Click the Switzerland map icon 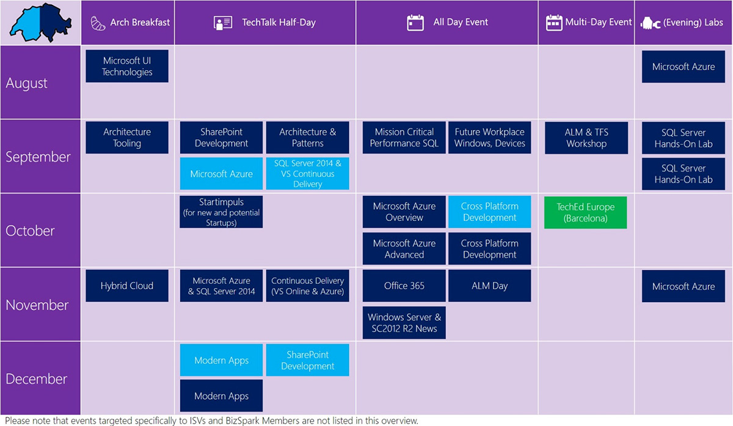point(40,22)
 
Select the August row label point(26,83)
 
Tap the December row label point(36,378)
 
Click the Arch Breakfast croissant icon point(98,23)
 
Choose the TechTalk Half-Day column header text point(279,22)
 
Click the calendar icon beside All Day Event point(415,23)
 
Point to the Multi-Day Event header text point(599,22)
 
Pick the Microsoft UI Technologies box point(127,66)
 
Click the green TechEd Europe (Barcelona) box point(585,212)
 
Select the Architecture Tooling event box point(127,138)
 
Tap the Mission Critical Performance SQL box point(404,138)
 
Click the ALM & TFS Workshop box point(586,138)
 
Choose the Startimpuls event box point(221,212)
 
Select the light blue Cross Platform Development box point(489,212)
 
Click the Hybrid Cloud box point(127,286)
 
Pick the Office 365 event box point(404,286)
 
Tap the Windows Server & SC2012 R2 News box point(404,323)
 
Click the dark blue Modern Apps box point(221,395)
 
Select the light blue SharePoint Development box point(308,360)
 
